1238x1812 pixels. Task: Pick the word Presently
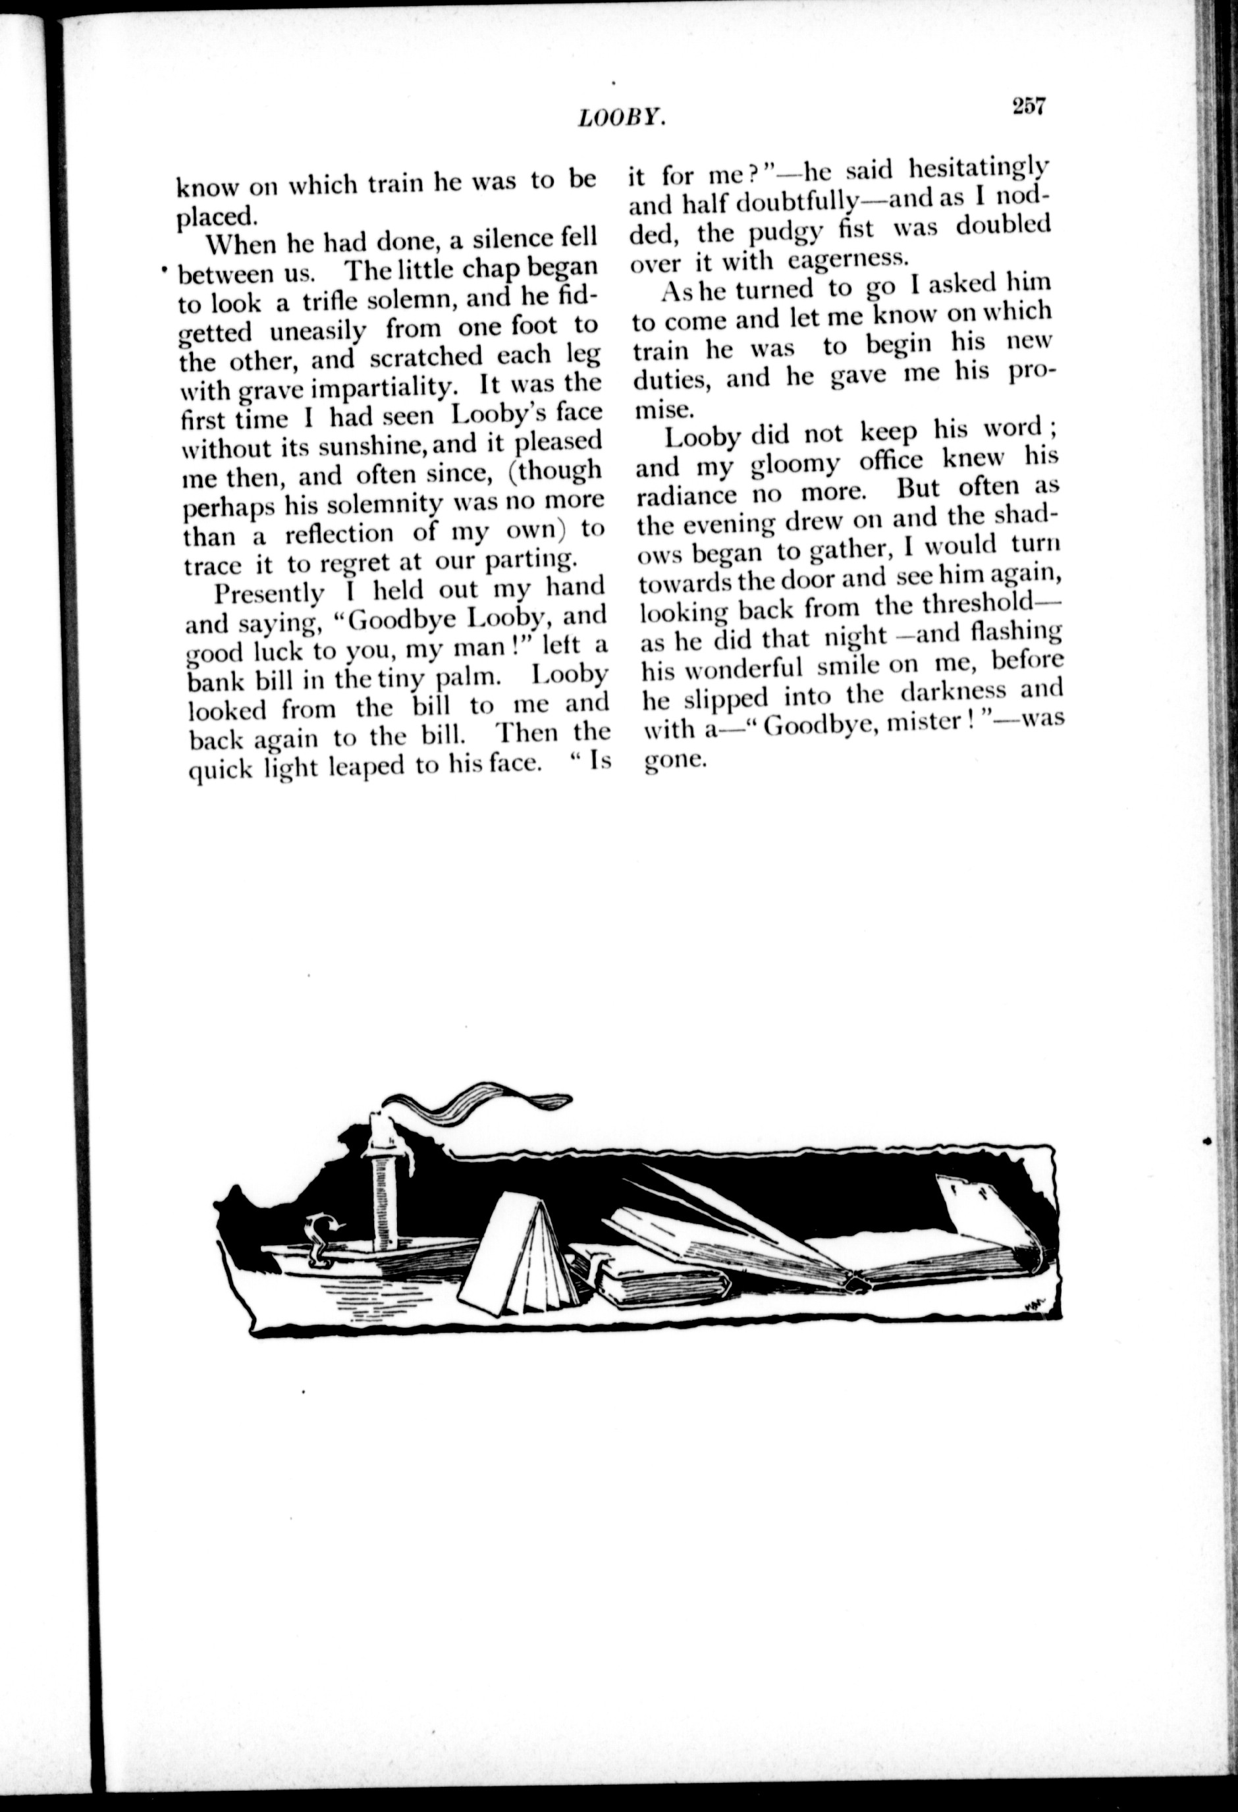click(268, 592)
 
